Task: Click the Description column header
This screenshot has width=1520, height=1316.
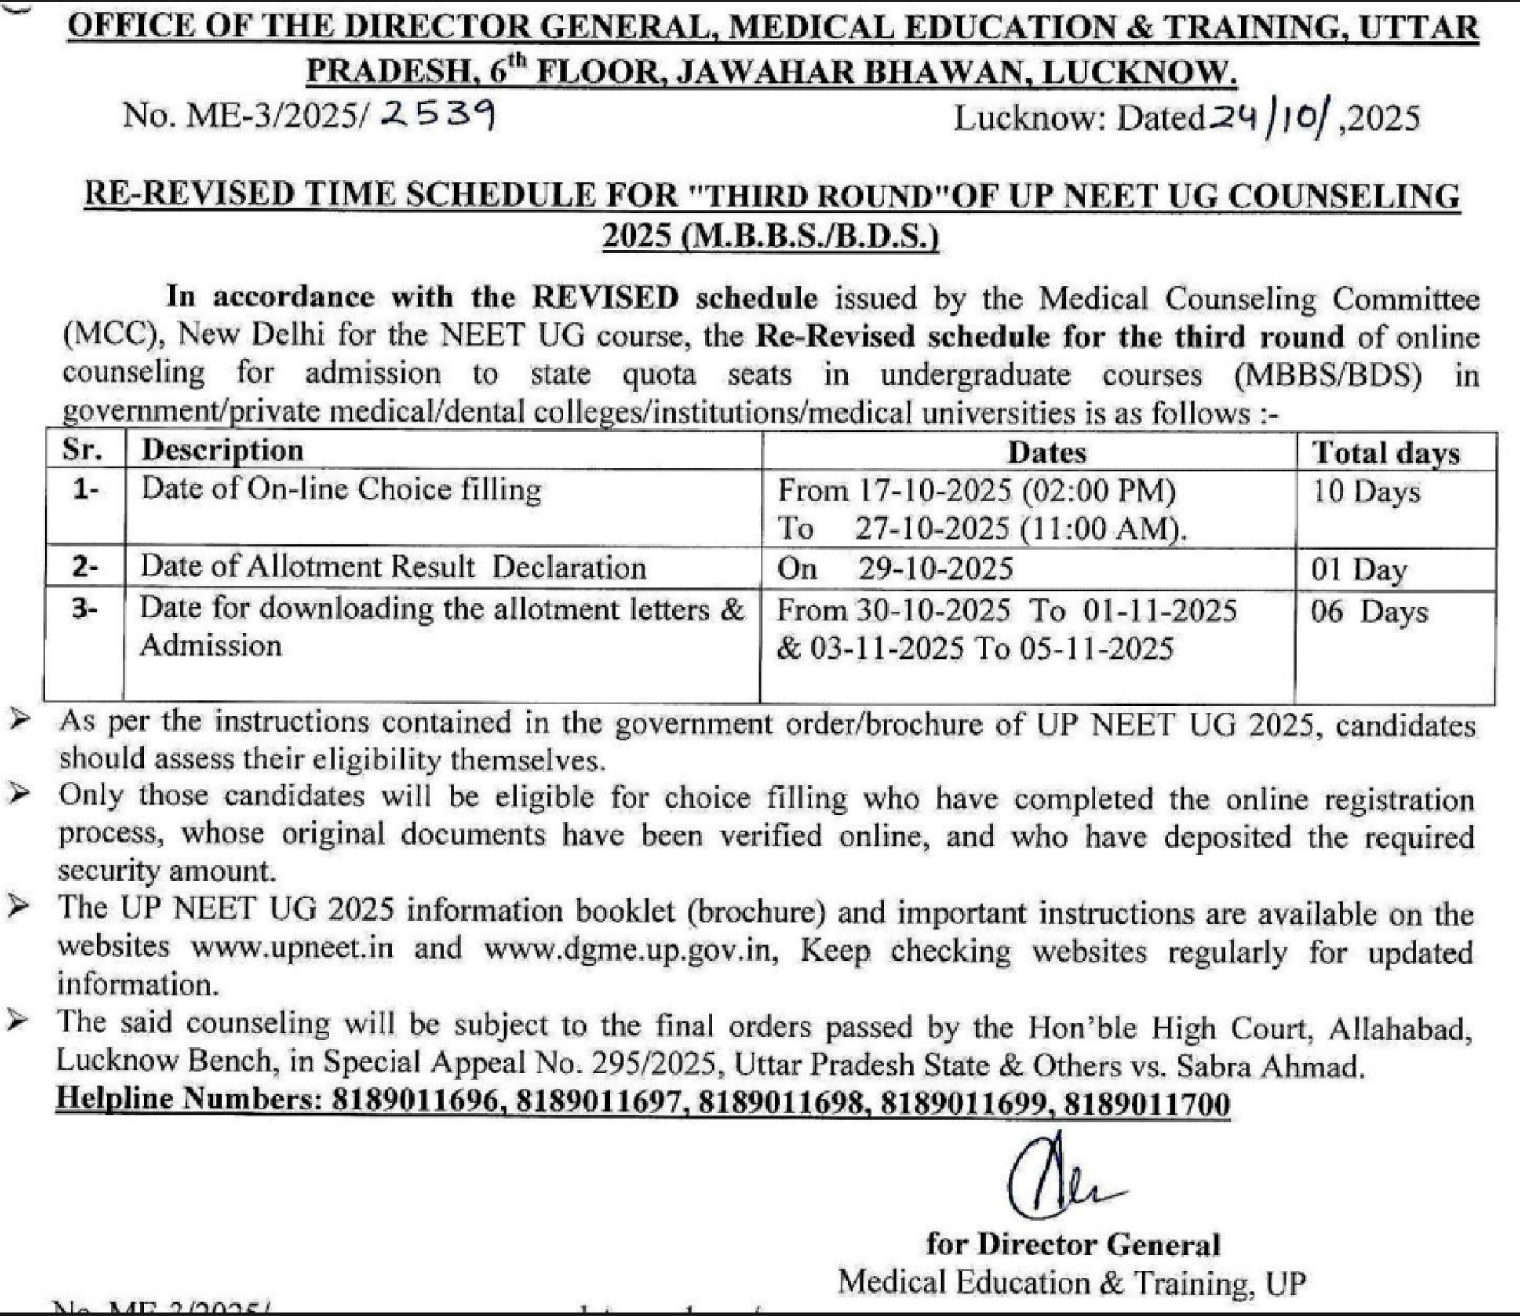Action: click(222, 450)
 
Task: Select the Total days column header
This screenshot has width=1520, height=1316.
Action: click(1385, 452)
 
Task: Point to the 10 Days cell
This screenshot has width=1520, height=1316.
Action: click(1366, 491)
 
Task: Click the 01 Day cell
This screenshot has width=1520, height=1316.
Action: click(1359, 570)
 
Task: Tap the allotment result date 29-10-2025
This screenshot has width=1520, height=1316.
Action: click(935, 568)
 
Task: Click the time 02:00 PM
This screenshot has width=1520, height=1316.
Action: click(1099, 491)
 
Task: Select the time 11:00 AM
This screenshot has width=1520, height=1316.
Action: click(1103, 529)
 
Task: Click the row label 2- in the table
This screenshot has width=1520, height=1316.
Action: click(85, 567)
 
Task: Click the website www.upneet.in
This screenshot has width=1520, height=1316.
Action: click(292, 948)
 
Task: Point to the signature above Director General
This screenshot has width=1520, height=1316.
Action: click(1059, 1179)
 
